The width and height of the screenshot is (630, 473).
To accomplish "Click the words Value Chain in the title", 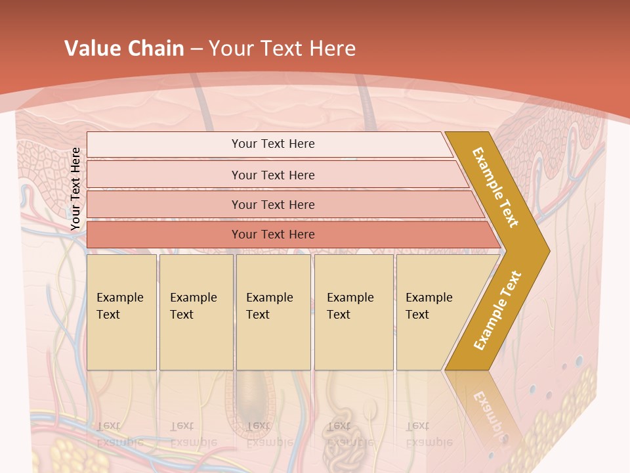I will (124, 49).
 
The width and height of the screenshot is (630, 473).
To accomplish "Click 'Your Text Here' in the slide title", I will (282, 49).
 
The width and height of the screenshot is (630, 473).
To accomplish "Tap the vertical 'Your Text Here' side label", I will (76, 189).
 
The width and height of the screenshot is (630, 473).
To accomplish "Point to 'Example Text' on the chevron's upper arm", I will (495, 187).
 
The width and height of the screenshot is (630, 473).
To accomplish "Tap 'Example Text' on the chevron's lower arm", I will (497, 310).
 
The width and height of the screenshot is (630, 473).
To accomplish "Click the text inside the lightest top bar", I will (273, 144).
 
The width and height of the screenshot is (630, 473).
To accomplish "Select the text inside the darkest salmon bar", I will (273, 235).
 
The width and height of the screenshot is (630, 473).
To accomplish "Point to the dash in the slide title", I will (196, 49).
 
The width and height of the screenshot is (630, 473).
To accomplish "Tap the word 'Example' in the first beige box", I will (119, 298).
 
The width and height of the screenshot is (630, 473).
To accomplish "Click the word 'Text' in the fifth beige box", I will (417, 315).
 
